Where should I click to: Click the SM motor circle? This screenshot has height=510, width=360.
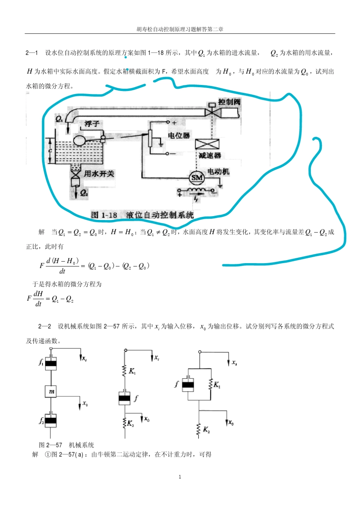(x=197, y=177)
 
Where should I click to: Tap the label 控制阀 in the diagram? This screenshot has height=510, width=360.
(x=229, y=102)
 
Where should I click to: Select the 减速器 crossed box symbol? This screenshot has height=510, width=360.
(x=207, y=144)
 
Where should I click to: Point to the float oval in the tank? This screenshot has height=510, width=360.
(x=80, y=141)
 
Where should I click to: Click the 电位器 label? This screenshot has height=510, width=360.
(x=179, y=135)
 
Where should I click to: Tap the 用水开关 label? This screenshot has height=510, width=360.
(x=99, y=174)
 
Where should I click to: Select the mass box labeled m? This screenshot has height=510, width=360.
(x=51, y=391)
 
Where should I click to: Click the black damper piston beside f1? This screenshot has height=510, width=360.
(x=51, y=364)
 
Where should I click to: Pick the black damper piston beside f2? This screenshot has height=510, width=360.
(x=51, y=421)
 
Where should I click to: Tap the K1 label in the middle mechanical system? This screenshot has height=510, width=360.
(x=132, y=371)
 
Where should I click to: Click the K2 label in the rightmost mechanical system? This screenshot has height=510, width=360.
(x=207, y=430)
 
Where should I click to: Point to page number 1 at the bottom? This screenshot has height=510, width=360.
(x=180, y=477)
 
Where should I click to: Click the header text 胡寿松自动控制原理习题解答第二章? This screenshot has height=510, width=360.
(x=180, y=29)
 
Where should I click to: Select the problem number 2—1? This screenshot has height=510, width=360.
(x=31, y=53)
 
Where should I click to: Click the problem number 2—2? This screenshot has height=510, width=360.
(x=44, y=326)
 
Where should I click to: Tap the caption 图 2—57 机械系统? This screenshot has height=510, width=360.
(x=66, y=445)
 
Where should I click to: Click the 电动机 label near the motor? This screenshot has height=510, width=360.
(x=218, y=171)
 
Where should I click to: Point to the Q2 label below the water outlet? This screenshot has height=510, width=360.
(x=84, y=193)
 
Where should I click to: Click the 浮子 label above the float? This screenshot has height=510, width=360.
(x=92, y=124)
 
